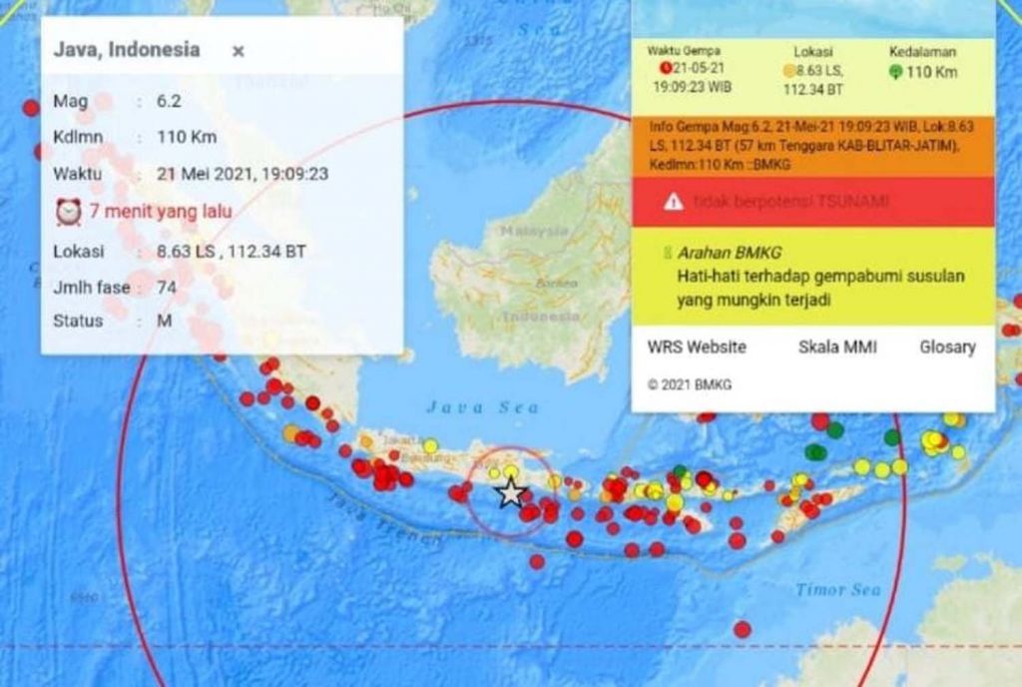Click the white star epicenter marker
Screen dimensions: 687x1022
(511, 492)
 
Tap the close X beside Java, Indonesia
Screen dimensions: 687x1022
(238, 51)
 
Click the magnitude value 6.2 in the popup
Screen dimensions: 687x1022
(168, 102)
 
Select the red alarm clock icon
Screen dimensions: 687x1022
(68, 212)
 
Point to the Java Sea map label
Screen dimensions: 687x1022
(482, 407)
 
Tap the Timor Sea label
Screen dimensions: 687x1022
(838, 590)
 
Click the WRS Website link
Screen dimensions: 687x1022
(697, 347)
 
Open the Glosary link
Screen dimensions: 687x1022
(947, 347)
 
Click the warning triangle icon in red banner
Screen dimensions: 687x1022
(674, 202)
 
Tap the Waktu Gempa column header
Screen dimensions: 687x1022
(684, 50)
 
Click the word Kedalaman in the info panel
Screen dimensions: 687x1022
(922, 50)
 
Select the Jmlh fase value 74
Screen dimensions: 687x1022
(167, 288)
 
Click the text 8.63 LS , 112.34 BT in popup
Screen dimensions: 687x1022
(232, 252)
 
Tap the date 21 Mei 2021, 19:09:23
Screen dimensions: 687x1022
(243, 174)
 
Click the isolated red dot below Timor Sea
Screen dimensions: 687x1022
(742, 629)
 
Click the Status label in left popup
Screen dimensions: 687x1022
(78, 321)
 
